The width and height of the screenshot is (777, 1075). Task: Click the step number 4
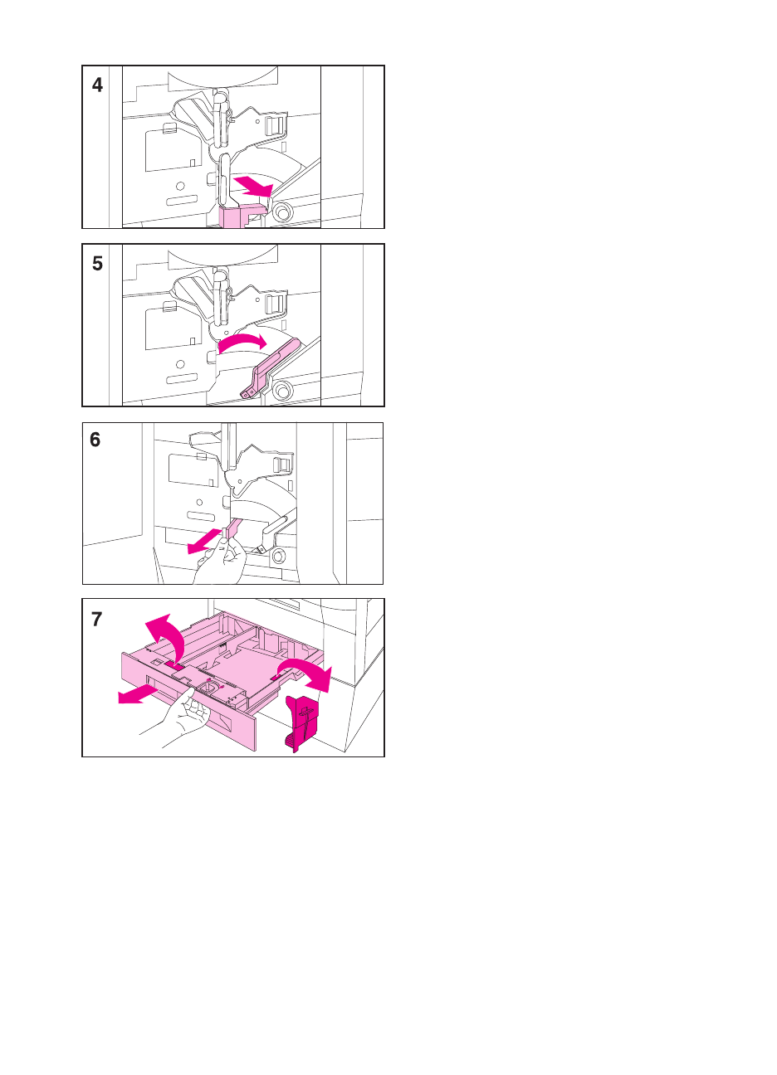(x=97, y=85)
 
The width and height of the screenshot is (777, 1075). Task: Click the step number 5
(x=97, y=264)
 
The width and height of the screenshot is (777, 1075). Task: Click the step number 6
(x=95, y=440)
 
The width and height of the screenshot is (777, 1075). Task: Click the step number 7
(x=96, y=619)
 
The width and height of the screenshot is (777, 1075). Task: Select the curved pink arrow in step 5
(x=242, y=343)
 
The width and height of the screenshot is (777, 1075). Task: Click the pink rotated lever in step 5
(x=270, y=368)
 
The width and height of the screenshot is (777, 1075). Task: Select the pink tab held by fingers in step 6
(x=232, y=529)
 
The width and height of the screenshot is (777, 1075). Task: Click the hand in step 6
(x=221, y=562)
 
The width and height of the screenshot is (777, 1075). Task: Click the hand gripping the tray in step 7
(x=178, y=714)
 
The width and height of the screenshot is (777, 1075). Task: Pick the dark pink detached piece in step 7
(x=301, y=723)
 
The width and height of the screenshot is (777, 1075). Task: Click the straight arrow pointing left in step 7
(x=138, y=695)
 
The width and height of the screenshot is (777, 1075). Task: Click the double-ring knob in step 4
(x=282, y=210)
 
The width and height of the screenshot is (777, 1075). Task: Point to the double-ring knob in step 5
(x=282, y=388)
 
